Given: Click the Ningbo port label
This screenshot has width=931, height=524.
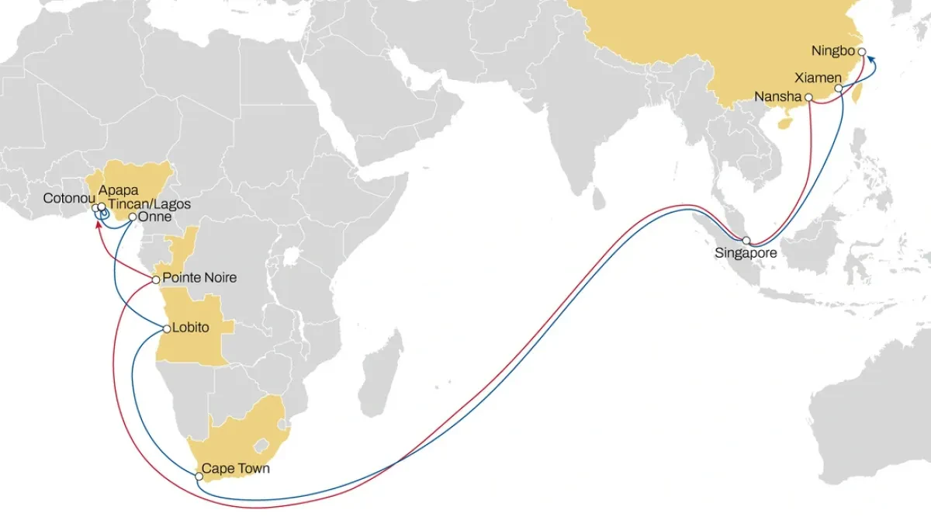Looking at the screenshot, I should point(833,51).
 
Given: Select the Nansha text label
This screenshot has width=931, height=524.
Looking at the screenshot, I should point(777,97).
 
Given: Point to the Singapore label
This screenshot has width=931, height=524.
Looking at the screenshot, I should point(745,253).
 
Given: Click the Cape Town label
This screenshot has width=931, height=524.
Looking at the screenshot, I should point(236,470).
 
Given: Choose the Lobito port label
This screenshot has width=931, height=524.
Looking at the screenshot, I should point(190,328).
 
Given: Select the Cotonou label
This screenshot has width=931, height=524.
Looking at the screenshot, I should point(68,198).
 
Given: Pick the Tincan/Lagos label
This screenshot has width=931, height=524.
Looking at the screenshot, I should point(149,204).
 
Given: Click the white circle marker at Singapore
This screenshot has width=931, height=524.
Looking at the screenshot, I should point(746,241).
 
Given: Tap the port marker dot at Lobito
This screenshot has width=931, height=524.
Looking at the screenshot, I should point(167,329).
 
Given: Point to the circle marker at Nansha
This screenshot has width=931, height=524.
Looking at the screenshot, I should point(808,98).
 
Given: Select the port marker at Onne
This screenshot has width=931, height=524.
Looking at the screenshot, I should point(133,217).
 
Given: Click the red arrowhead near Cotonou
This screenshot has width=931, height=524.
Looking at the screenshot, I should point(99,225).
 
